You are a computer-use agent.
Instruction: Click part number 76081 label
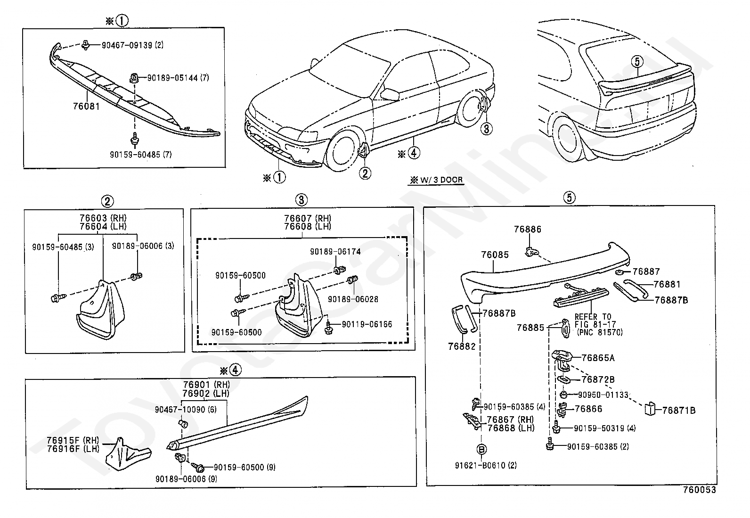(86, 107)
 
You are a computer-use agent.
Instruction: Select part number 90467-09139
(127, 45)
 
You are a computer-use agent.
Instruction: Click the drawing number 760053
(699, 490)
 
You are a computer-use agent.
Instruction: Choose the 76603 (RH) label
(103, 218)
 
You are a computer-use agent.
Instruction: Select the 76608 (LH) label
(307, 226)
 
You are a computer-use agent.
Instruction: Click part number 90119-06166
(367, 324)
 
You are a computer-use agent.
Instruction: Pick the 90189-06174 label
(335, 252)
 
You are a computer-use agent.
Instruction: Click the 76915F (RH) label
(73, 440)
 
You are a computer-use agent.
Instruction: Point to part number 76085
(495, 255)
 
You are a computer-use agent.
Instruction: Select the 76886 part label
(528, 230)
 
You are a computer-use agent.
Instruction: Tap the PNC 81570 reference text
(599, 332)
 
